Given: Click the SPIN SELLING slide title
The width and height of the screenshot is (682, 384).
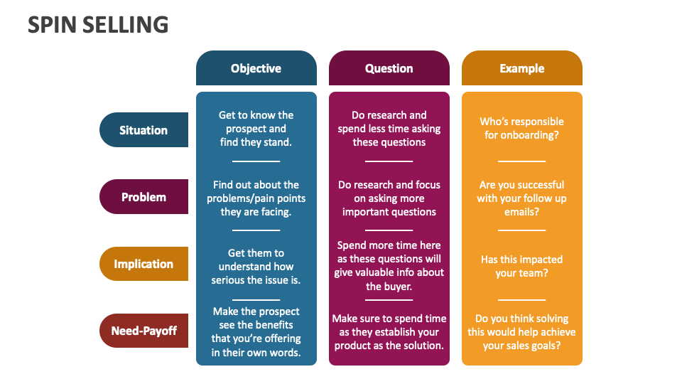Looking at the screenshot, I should [98, 25].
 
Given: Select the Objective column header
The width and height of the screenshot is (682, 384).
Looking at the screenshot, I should [256, 68].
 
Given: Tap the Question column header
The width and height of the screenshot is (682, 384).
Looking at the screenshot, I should [389, 68].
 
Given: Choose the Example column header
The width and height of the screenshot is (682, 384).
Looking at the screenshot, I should [521, 68].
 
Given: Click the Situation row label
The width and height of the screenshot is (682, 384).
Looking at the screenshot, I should [144, 130].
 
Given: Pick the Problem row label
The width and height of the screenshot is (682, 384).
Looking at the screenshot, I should [144, 197].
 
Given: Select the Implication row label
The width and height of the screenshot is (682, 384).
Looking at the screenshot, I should [144, 264].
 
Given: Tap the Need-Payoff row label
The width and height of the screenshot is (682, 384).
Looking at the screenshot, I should [144, 331].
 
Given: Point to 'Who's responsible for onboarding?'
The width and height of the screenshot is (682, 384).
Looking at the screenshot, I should [521, 128].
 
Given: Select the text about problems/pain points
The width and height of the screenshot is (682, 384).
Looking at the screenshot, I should [256, 198].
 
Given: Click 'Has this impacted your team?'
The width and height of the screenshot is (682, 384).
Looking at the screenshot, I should [521, 266].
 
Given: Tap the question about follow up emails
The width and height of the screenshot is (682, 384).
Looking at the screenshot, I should [521, 198].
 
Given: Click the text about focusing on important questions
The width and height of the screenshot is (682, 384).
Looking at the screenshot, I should [389, 198].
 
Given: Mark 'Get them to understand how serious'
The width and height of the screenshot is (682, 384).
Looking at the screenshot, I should [256, 266].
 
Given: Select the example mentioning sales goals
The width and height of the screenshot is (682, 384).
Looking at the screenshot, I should [521, 332].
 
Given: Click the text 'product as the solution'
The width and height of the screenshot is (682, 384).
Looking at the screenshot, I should [389, 346].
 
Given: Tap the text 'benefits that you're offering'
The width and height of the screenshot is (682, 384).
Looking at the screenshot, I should [256, 338].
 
